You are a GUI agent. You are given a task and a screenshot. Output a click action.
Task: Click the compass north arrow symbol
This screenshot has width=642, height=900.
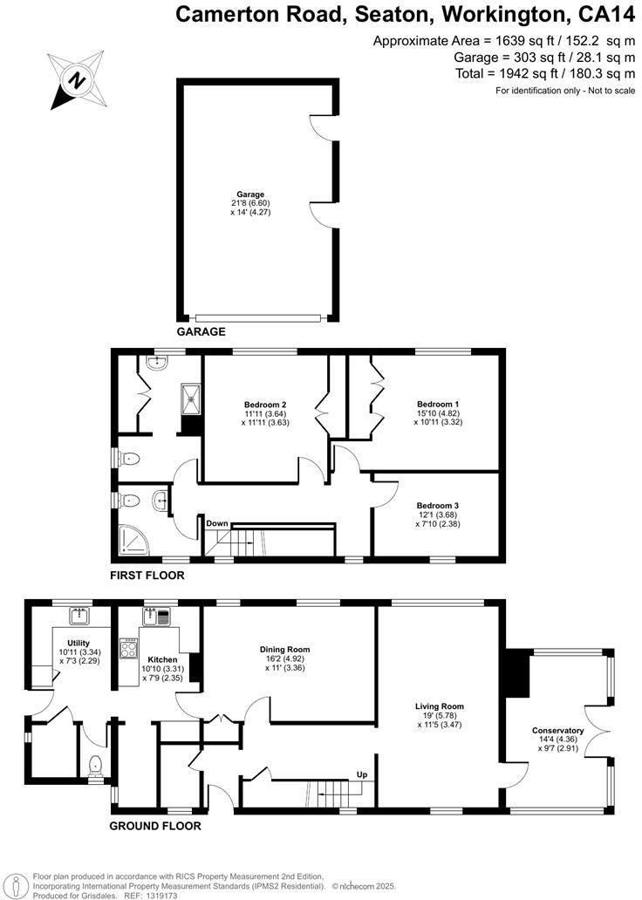(78, 79)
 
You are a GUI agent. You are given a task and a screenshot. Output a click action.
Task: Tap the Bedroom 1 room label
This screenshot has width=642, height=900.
(438, 404)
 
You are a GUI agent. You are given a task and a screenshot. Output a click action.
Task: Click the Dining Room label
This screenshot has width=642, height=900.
(284, 649)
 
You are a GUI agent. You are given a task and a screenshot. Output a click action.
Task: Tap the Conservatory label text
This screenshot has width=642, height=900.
(557, 730)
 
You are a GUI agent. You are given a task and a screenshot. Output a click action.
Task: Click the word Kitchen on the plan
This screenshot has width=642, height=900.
(162, 659)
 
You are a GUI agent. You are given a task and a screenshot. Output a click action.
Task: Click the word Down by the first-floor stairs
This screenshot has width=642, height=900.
(217, 523)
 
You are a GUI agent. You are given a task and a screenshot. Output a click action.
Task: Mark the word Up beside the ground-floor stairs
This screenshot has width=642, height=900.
(360, 774)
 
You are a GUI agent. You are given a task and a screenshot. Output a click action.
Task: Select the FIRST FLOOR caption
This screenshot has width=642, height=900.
(147, 576)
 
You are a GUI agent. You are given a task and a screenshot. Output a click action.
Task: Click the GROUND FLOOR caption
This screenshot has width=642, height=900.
(155, 826)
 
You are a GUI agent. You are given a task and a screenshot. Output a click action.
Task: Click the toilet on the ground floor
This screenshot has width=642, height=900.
(96, 766)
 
